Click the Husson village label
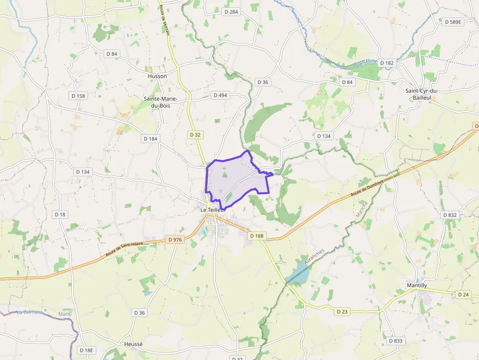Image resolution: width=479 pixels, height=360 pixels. click(157, 76)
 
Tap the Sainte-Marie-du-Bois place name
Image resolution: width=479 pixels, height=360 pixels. click(160, 102)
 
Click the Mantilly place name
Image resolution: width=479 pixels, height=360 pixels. click(417, 285)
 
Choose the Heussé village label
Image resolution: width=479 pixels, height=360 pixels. click(133, 344)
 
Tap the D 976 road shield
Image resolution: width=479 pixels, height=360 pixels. click(174, 239)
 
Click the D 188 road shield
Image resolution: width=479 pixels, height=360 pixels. click(257, 236)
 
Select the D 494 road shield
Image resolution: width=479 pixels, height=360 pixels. click(220, 95)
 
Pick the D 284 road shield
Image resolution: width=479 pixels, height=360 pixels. click(231, 11)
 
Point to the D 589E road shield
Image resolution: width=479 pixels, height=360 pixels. click(453, 22)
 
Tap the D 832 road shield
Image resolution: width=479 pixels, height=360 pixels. click(449, 215)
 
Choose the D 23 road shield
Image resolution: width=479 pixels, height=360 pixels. click(342, 311)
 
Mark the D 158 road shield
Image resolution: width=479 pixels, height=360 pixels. click(78, 96)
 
